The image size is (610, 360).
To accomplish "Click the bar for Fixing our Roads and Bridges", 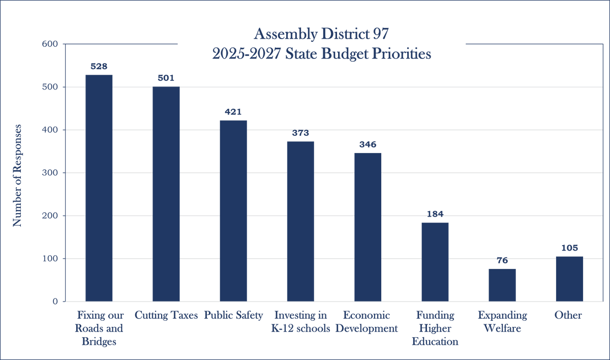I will coord(99,188).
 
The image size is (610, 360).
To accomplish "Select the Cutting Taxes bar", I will coord(166,194).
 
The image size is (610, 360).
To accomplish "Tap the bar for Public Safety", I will coord(233,211).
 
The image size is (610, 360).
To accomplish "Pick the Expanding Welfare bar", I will coord(502,285).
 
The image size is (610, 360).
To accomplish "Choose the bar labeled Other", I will coord(569,279).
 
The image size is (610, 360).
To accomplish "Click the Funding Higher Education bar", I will coord(435,262).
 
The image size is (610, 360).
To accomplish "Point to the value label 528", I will coord(99,67).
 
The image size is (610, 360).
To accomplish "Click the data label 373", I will coord(300,133).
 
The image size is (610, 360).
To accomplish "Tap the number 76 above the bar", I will coord(502,260).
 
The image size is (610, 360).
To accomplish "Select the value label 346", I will coord(368,144).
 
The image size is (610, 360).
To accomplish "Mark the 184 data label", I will coord(435,214).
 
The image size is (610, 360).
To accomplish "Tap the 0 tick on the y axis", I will coord(55,302).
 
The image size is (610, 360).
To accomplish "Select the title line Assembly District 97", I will coord(321,35).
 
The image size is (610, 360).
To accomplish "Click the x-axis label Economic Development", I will coord(368,322).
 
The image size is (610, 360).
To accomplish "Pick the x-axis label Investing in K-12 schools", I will coord(300,322).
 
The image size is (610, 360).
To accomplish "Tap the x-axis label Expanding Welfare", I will coord(502,322).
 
